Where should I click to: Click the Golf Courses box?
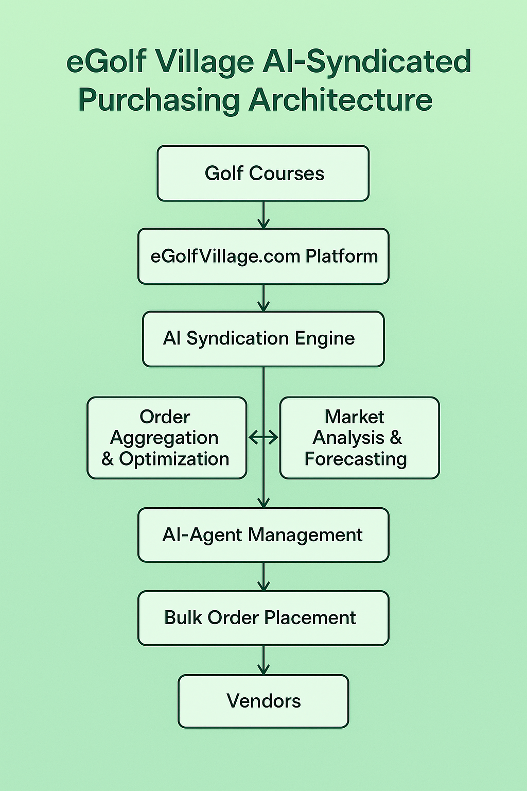(x=263, y=174)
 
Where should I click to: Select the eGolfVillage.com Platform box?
(x=263, y=256)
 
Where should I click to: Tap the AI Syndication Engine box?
(x=263, y=339)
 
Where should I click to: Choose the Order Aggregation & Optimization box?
(x=167, y=438)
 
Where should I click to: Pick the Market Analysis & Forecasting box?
(x=359, y=438)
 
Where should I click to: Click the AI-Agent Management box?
(x=263, y=535)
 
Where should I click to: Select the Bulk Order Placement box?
(x=263, y=618)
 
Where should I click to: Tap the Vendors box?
(x=263, y=701)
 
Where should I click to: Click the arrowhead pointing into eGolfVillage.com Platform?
(x=263, y=223)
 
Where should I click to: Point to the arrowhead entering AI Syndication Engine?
(x=263, y=306)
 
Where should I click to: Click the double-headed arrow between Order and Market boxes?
(x=263, y=438)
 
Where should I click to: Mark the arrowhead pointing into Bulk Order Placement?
(x=263, y=586)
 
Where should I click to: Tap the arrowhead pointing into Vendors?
(x=263, y=669)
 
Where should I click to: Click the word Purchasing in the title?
(x=159, y=100)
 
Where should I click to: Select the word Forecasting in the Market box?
(x=356, y=459)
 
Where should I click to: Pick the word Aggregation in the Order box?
(x=164, y=438)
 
